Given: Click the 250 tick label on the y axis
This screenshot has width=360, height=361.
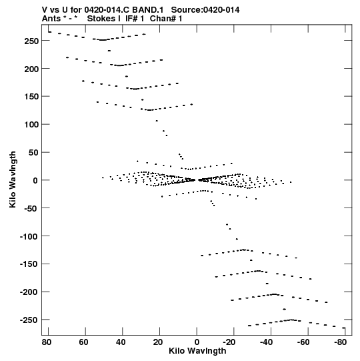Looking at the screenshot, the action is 31,41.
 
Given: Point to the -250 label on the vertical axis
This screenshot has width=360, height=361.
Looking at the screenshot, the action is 29,320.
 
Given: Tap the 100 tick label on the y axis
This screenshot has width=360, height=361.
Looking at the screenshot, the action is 31,125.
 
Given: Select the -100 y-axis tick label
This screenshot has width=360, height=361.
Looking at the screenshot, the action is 29,236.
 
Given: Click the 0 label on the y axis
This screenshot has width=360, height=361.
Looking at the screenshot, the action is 35,181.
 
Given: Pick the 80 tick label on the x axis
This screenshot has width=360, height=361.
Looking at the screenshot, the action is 47,342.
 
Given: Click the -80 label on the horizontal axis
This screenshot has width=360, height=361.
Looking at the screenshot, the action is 341,342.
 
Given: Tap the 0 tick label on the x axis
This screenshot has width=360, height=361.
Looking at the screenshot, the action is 197,342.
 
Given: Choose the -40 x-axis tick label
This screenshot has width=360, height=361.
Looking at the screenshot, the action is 266,342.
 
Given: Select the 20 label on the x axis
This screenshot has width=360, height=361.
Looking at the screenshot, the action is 158,342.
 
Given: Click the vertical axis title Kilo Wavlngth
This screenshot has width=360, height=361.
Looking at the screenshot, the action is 13,179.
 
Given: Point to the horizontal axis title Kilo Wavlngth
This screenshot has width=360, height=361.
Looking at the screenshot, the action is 197,351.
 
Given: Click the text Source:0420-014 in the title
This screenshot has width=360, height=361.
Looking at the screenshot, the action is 205,10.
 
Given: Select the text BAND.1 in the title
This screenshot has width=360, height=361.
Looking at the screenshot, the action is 148,10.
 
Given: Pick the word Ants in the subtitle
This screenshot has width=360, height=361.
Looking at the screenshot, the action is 51,19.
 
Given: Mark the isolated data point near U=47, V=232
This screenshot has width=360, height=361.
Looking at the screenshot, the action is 109,51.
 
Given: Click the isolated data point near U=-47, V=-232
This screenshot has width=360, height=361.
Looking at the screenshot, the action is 284,309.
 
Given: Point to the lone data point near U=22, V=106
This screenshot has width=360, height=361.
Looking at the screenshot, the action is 157,121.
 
